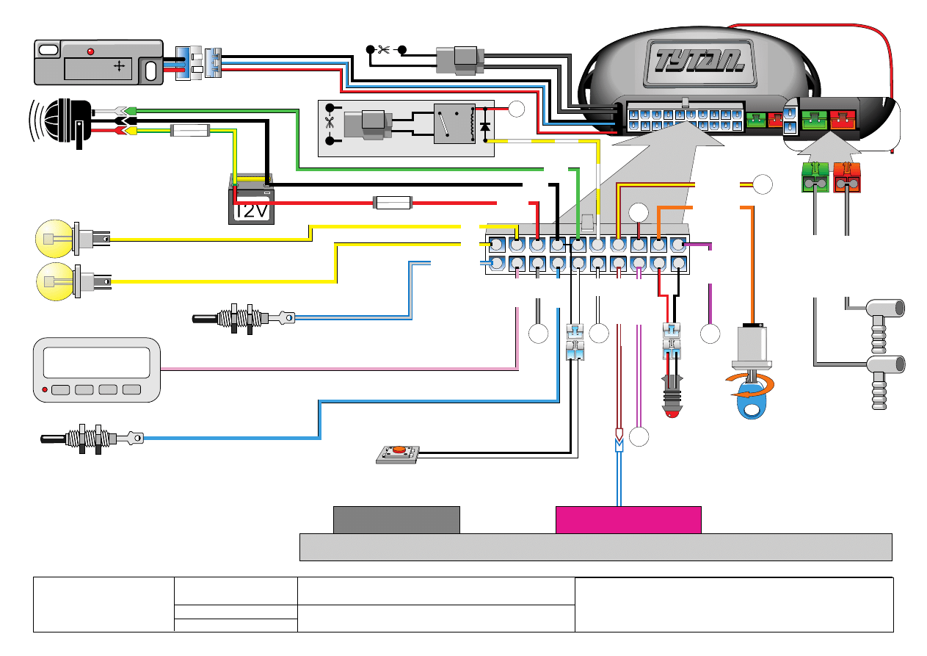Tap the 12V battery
point(252,201)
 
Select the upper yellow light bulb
point(57,239)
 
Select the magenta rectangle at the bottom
point(628,519)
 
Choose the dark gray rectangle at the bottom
point(396,519)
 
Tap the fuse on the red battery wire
point(393,202)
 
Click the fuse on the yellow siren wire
point(191,131)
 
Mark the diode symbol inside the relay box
point(484,126)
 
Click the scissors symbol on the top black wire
point(383,50)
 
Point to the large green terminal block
point(815,179)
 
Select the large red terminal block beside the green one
point(848,179)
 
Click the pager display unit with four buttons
point(97,370)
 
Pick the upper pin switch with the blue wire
point(241,318)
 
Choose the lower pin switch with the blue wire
point(90,439)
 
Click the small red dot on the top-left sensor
point(91,51)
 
